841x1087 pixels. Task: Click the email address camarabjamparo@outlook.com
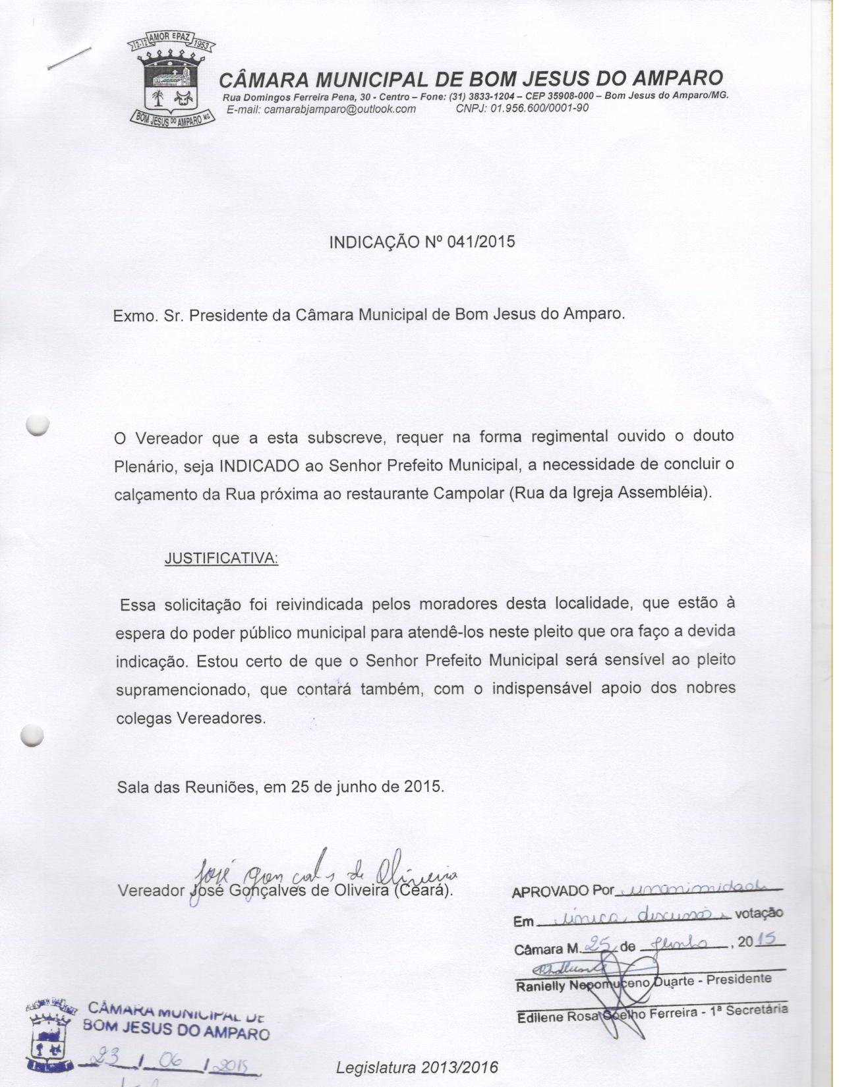click(320, 109)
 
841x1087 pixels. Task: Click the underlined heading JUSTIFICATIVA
click(221, 559)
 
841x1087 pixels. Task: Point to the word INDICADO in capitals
click(259, 465)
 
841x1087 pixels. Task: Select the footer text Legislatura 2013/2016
click(417, 1067)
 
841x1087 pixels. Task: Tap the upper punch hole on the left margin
click(38, 425)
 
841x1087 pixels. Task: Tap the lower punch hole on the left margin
click(32, 735)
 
